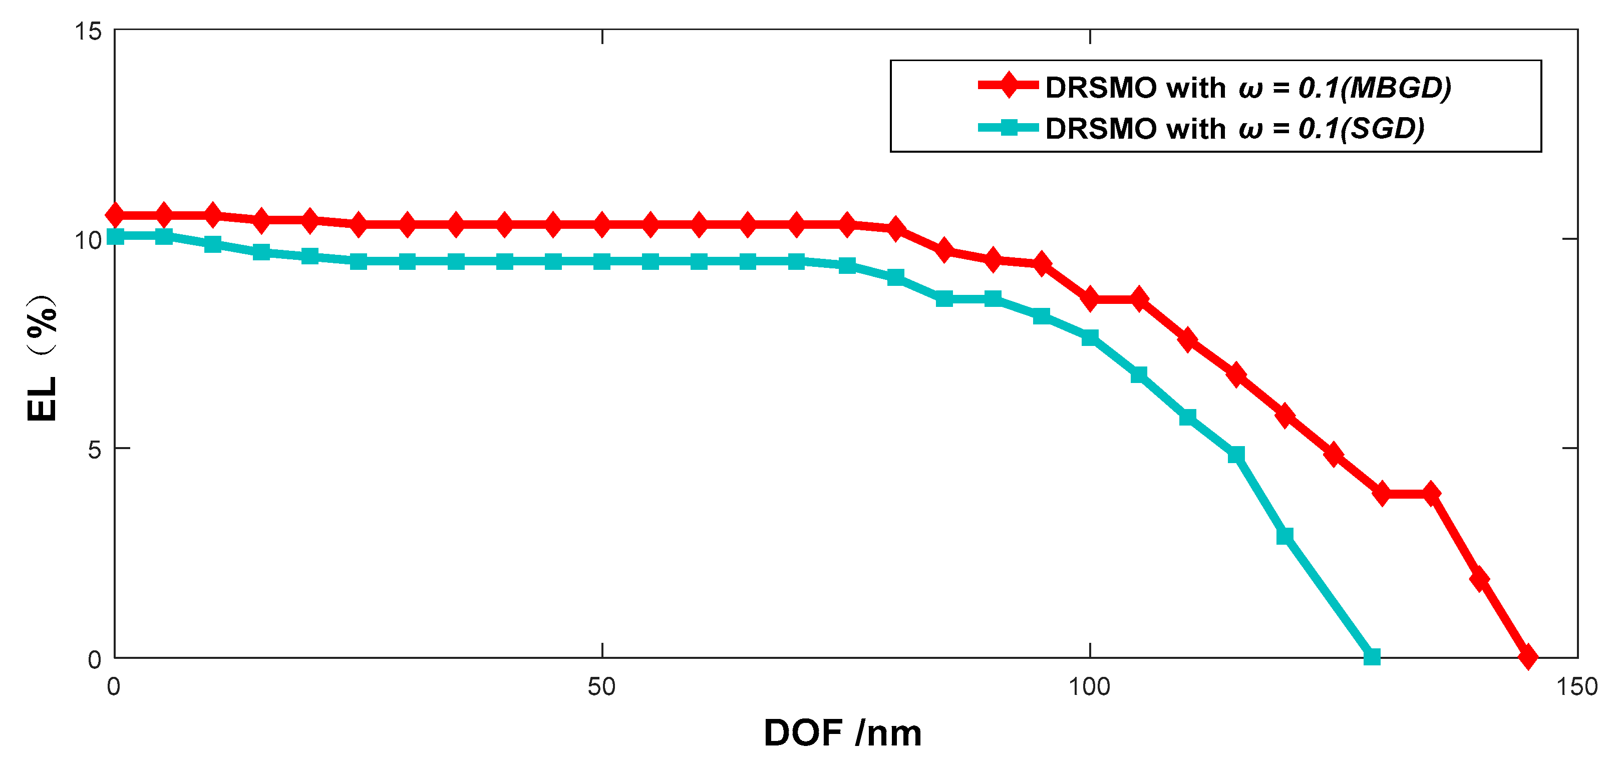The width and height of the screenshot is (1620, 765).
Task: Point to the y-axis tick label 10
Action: click(x=88, y=239)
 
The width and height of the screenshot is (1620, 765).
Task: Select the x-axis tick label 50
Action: click(x=601, y=687)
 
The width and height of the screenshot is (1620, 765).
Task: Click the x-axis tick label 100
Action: click(x=1089, y=687)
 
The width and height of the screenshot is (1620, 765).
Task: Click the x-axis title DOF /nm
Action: click(x=842, y=733)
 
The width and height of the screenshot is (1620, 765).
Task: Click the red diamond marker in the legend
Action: click(x=1008, y=84)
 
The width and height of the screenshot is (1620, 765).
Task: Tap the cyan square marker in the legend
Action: click(x=1008, y=128)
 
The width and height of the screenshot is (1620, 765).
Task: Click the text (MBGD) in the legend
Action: click(x=1396, y=88)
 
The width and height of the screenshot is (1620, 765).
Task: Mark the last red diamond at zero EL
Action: click(x=1527, y=657)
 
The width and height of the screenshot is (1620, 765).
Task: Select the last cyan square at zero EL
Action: click(x=1372, y=657)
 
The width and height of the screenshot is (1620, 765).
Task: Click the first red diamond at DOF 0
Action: click(x=115, y=215)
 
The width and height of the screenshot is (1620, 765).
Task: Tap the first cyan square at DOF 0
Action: click(x=115, y=236)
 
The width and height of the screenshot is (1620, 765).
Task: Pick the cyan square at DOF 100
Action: click(x=1090, y=337)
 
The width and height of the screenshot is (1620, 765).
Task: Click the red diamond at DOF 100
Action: click(x=1090, y=299)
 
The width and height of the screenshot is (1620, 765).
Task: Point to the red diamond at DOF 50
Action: click(x=602, y=224)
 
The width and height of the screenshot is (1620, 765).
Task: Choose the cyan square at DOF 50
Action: click(x=602, y=261)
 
